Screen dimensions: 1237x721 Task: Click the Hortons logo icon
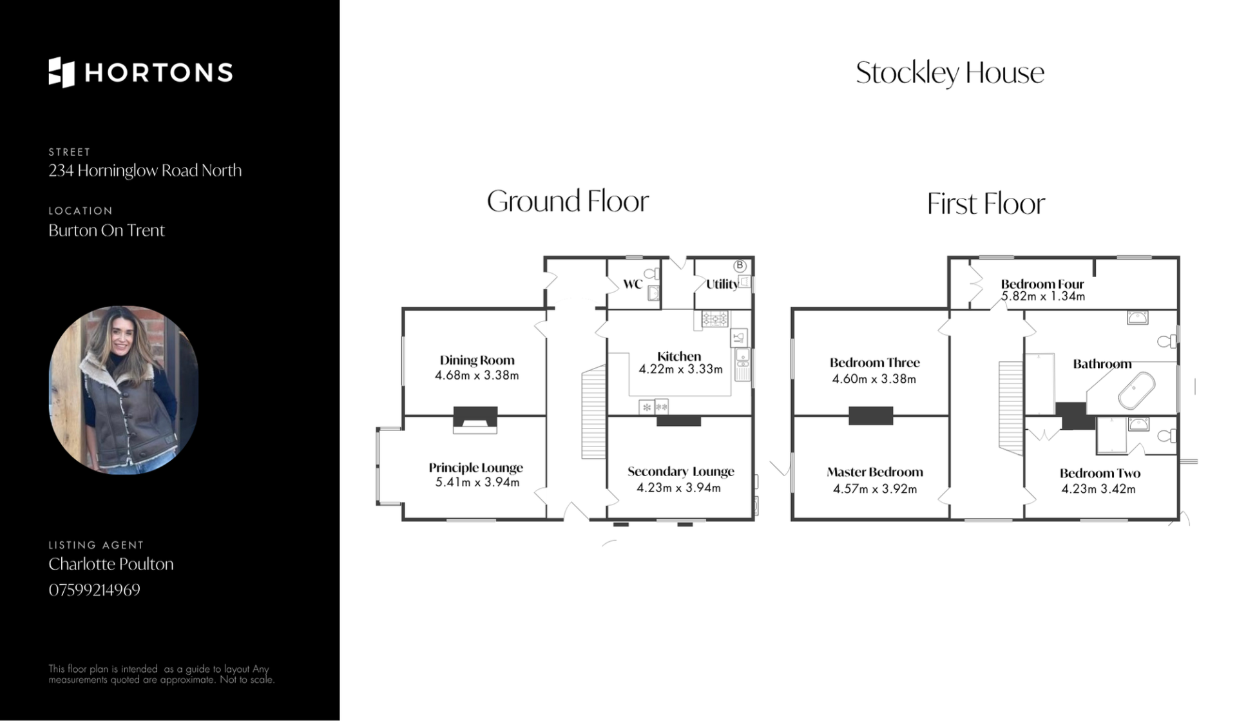(x=62, y=72)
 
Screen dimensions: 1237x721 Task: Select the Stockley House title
(x=950, y=73)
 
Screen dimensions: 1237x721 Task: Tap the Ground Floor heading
(x=568, y=201)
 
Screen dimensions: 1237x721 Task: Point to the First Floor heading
(x=986, y=204)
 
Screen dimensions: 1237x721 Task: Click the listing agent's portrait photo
(x=124, y=390)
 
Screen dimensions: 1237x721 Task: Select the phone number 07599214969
(x=94, y=590)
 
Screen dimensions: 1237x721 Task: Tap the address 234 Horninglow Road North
(x=145, y=171)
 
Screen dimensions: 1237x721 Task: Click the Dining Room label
(x=477, y=360)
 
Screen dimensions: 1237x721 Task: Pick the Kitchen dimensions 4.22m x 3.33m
(x=680, y=370)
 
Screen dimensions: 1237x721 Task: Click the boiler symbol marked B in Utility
(x=740, y=265)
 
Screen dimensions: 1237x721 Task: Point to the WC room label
(x=633, y=284)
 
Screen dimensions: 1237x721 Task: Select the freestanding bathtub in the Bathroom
(x=1136, y=390)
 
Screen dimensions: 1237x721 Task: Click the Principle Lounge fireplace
(x=475, y=419)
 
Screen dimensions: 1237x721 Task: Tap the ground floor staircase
(x=594, y=412)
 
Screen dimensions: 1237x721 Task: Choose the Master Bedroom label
(x=875, y=472)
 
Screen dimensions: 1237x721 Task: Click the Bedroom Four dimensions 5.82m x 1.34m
(x=1043, y=297)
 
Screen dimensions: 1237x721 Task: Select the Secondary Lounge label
(x=681, y=472)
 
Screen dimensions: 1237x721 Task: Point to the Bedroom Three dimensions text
(x=874, y=380)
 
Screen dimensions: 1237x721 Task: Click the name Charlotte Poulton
(x=111, y=564)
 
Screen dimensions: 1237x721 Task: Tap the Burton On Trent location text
(x=106, y=231)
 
